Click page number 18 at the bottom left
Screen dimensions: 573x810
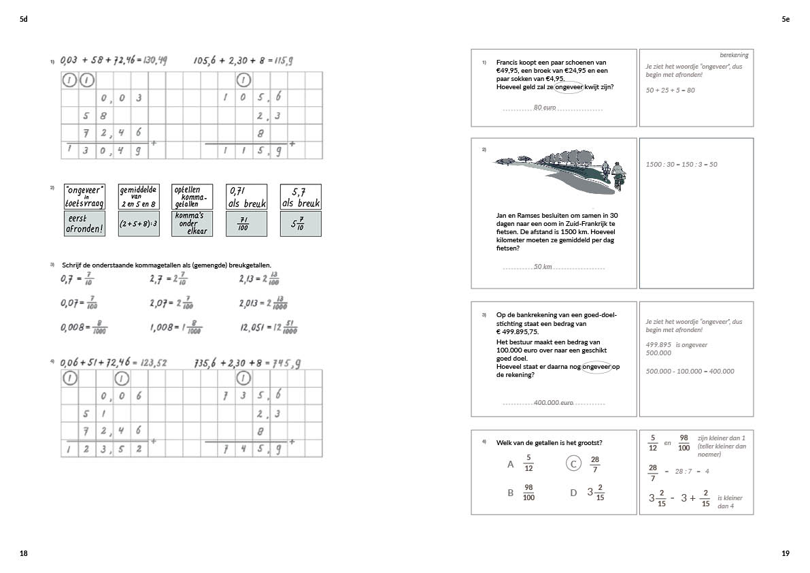24,554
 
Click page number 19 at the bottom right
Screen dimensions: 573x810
786,554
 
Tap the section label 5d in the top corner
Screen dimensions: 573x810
24,20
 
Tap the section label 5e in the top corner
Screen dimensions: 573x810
786,20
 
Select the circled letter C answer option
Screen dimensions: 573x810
573,463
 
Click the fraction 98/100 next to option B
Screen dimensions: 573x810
528,493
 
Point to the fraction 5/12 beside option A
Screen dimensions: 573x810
528,463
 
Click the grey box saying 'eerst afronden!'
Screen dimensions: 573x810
84,224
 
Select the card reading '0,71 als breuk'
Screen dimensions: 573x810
246,197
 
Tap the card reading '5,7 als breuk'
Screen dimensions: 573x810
300,197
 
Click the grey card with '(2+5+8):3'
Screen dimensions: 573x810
138,224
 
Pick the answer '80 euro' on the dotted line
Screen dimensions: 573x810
545,108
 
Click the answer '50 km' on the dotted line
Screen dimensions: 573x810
543,266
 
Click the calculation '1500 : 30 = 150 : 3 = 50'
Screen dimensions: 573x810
681,164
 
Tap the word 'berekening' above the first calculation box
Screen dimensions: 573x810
734,55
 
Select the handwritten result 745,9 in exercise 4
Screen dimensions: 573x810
286,363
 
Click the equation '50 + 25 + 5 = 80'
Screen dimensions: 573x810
670,90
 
